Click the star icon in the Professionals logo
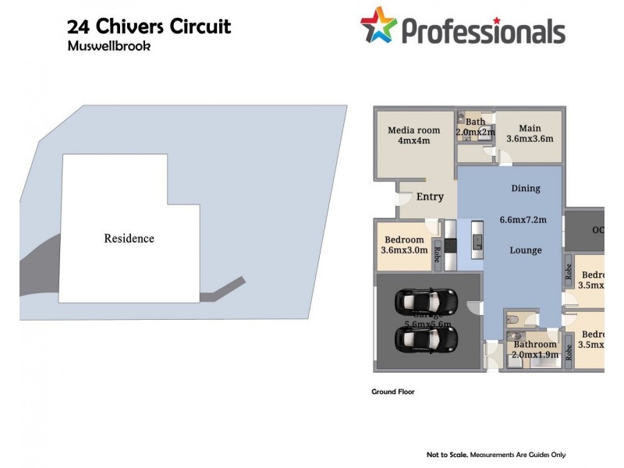tap(378, 25)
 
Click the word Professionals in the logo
tap(483, 30)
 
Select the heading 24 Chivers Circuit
tap(149, 27)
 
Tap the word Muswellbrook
tap(108, 46)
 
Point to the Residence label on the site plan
tap(129, 239)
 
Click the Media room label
tap(414, 130)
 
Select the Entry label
tap(429, 197)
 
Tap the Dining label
tap(525, 188)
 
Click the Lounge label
tap(525, 250)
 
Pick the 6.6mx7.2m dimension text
tap(525, 219)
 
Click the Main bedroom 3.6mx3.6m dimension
tap(530, 139)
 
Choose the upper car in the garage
tap(426, 300)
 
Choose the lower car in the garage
tap(426, 338)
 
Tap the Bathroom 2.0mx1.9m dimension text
tap(534, 355)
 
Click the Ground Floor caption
tap(392, 392)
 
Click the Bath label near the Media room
tap(475, 122)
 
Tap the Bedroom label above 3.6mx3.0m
tap(404, 239)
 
